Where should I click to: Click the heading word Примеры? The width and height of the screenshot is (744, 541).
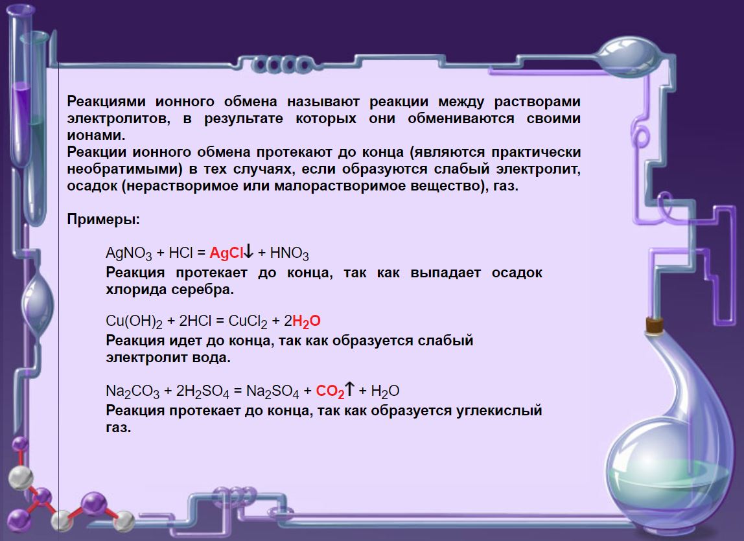coord(104,220)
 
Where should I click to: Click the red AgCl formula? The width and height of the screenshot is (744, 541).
coord(226,253)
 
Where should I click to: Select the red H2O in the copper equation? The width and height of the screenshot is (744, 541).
coord(307,322)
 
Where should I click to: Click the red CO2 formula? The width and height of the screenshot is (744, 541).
coord(330,391)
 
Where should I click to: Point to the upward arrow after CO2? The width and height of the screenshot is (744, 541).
coord(349,389)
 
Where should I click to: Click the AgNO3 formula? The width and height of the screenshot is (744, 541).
coord(128,253)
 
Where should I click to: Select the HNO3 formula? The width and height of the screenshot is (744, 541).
coord(290,253)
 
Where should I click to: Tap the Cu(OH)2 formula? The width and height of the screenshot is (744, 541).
coord(134,322)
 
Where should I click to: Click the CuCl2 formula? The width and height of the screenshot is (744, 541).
coord(248,322)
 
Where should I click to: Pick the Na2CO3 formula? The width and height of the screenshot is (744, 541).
coord(132,391)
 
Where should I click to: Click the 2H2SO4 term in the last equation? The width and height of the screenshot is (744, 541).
coord(203,391)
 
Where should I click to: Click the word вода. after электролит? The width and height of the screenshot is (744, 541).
coord(211,358)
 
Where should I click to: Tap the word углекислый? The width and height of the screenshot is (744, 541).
coord(498,411)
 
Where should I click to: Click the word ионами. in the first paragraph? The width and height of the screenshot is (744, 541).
coord(97,135)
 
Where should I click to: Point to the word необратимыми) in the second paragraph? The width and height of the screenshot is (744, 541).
coord(125,169)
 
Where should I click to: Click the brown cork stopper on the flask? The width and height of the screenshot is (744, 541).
coord(655,325)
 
